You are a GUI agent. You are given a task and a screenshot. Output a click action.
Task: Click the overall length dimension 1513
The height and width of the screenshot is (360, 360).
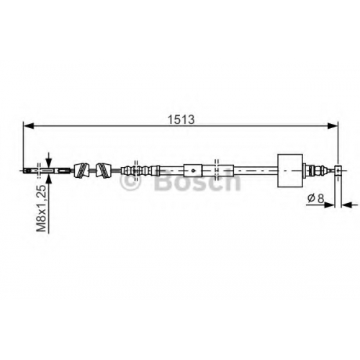point(181,120)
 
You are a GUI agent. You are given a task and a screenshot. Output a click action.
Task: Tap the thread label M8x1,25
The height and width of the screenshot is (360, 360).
point(41,209)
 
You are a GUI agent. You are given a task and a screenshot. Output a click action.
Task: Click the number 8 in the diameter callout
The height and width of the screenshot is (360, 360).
point(320,199)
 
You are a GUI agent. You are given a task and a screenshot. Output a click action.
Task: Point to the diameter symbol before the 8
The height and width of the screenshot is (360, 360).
point(311,199)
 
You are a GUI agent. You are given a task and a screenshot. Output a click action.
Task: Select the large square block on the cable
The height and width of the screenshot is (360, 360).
point(290,171)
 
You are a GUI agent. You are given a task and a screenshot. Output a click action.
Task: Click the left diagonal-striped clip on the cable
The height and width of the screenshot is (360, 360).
point(81,171)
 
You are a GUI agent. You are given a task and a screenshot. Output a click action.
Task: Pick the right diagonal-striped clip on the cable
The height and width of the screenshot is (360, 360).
point(104,171)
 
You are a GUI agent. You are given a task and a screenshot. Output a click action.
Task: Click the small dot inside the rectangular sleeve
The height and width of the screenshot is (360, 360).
point(193,171)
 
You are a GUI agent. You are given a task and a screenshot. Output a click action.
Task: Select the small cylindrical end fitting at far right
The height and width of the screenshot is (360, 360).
point(338,171)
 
